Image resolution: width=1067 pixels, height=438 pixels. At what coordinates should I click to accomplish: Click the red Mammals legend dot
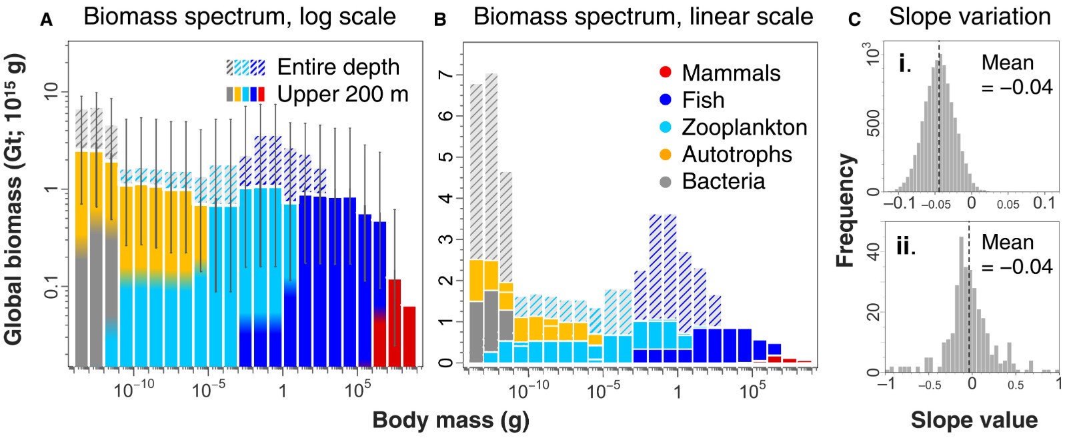tap(665, 73)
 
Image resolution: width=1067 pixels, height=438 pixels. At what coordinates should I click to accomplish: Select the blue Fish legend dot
tap(665, 100)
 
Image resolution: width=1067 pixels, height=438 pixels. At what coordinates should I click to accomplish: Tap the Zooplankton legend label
tap(744, 127)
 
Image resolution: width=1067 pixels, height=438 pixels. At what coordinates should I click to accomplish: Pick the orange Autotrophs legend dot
tap(665, 154)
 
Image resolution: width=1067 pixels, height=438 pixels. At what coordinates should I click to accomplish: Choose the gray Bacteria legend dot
tap(665, 181)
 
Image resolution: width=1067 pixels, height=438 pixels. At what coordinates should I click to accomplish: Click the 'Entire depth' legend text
tap(338, 67)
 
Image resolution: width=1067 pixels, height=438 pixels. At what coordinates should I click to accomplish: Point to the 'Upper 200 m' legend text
tap(343, 94)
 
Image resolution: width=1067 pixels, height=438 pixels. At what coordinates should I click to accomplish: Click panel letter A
tap(46, 20)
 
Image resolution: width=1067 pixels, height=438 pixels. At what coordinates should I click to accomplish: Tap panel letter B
tap(440, 20)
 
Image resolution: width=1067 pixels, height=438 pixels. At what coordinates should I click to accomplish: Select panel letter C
tap(854, 20)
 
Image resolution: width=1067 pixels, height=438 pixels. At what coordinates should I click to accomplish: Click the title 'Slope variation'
tap(970, 16)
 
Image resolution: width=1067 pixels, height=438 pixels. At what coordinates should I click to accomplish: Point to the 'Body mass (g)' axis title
tap(451, 420)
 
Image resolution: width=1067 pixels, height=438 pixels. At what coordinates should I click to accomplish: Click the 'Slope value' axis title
tap(974, 420)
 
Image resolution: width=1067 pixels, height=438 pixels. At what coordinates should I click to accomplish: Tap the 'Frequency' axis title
tap(846, 211)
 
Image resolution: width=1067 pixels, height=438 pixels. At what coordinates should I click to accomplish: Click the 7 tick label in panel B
tap(445, 75)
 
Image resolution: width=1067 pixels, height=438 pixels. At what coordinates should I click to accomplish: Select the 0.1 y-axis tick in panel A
tap(51, 287)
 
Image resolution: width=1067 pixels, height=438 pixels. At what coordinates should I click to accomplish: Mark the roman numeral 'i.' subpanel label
tap(905, 64)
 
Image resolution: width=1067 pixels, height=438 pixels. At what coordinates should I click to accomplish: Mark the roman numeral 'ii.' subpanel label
tap(906, 246)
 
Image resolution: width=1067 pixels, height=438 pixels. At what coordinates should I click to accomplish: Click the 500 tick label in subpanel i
tap(872, 123)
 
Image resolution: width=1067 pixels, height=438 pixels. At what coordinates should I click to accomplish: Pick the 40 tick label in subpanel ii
tap(872, 251)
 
